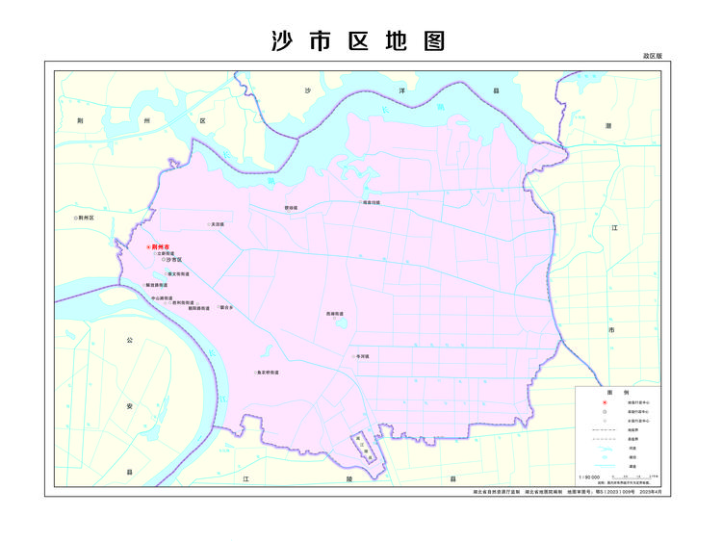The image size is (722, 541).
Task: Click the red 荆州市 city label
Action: tap(161, 247)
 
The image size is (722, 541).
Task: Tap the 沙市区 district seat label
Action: tap(172, 260)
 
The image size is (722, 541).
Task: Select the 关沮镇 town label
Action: tap(218, 224)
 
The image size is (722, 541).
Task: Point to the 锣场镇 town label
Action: tap(291, 207)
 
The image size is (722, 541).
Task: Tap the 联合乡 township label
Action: tap(227, 307)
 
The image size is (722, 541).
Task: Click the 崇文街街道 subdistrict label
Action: tap(178, 273)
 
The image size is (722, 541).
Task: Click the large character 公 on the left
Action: tap(129, 340)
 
